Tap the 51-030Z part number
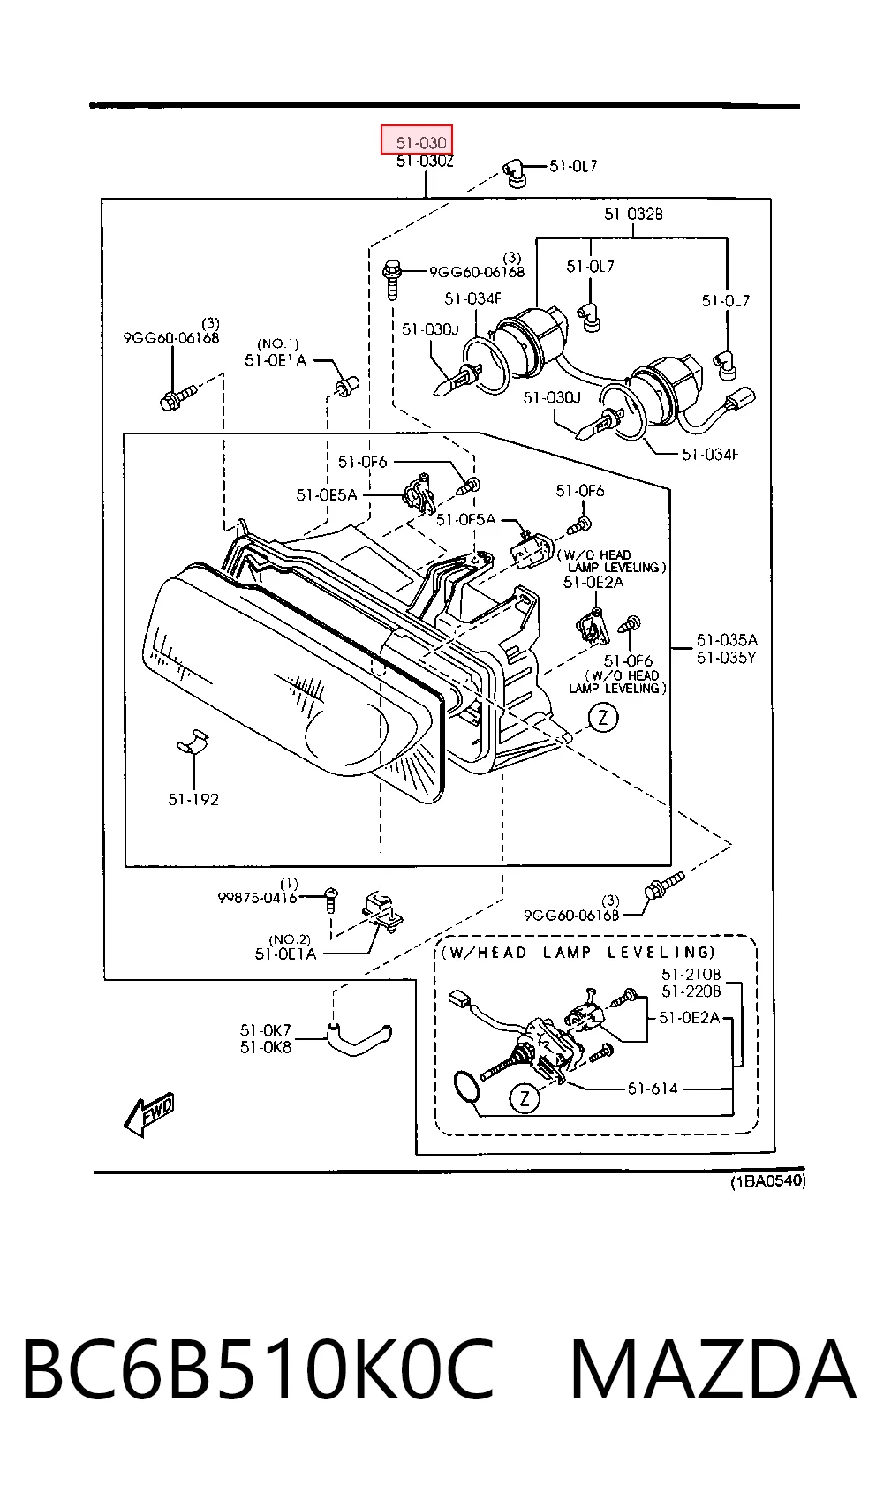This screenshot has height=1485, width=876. coord(425,161)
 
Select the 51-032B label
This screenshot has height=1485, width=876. coord(633,215)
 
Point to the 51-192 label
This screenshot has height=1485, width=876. coord(193,800)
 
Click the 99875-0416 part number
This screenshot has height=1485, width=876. coord(257,898)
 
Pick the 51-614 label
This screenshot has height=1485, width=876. coord(653,1089)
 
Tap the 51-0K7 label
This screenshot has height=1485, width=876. coord(265,1030)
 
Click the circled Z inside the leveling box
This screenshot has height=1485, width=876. coord(525,1098)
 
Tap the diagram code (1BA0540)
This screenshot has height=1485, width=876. coord(768,1180)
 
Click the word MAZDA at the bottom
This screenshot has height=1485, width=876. coord(713,1370)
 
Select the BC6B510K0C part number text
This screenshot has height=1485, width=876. coord(259,1370)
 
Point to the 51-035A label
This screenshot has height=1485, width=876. coord(727,640)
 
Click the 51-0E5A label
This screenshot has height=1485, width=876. coord(326,495)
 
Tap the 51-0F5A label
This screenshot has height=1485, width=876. coord(465,519)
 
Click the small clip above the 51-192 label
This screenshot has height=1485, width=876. coord(193,741)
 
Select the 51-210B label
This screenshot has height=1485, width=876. coord(691,975)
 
